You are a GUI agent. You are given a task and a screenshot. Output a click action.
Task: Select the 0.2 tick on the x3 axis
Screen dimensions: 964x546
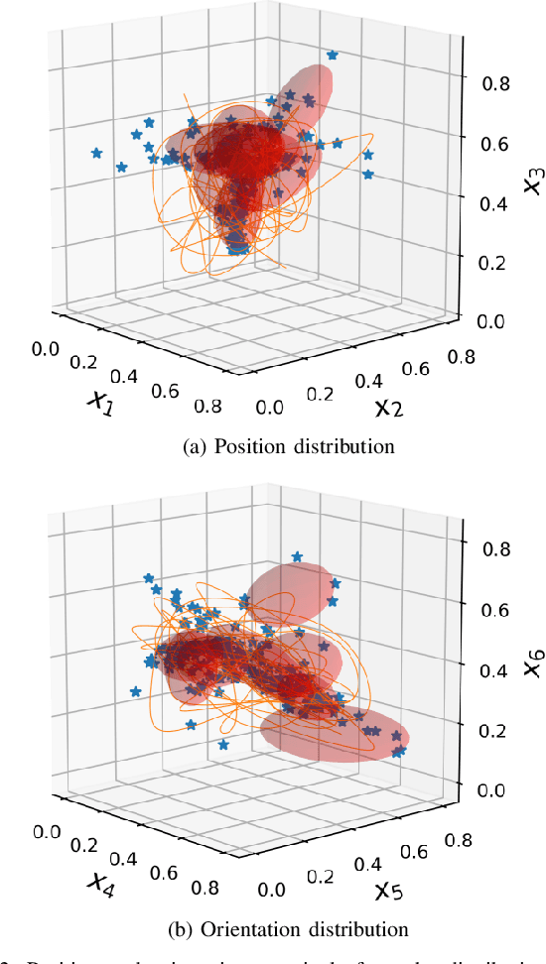pos(496,261)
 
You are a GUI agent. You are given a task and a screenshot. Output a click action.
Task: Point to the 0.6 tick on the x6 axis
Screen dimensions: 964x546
pos(496,608)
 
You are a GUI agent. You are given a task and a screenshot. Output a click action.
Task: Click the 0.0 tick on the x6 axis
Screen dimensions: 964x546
pos(496,789)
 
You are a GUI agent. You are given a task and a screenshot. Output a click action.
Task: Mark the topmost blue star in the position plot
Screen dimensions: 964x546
pos(332,56)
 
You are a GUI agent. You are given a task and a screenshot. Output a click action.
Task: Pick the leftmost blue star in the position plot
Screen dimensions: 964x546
pos(96,153)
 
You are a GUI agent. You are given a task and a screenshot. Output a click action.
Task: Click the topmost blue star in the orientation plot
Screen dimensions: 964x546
pos(296,556)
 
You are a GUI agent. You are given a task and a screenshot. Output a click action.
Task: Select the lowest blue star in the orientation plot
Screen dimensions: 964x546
pos(397,753)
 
